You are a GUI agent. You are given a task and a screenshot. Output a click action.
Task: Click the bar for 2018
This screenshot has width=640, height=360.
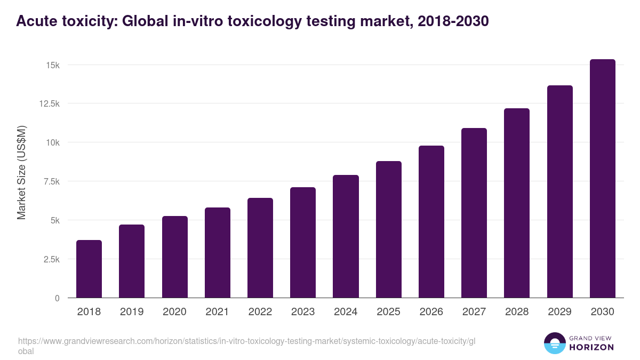pyautogui.click(x=89, y=269)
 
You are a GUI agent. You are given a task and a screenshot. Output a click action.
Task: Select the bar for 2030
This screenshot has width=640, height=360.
pyautogui.click(x=602, y=179)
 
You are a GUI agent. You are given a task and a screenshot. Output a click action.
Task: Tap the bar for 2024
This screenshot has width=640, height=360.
pyautogui.click(x=346, y=236)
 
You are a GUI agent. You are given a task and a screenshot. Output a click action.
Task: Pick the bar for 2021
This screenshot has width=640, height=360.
pyautogui.click(x=217, y=253)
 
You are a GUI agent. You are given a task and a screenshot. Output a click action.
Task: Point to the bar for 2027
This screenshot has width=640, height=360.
pyautogui.click(x=474, y=213)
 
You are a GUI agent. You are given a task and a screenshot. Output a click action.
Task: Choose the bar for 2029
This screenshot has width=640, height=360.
pyautogui.click(x=559, y=191)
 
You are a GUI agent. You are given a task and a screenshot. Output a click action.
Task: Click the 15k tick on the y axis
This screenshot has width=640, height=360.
pyautogui.click(x=52, y=65)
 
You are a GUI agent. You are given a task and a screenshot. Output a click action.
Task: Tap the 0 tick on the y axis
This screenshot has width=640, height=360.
pyautogui.click(x=57, y=298)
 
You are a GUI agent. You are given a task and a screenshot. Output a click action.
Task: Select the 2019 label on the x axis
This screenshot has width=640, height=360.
pyautogui.click(x=132, y=312)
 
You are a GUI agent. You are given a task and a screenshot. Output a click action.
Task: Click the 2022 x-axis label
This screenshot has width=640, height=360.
pyautogui.click(x=260, y=312)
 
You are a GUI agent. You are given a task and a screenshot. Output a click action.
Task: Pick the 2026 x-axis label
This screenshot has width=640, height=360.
pyautogui.click(x=431, y=312)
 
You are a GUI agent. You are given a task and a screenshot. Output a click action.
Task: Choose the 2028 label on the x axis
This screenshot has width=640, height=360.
pyautogui.click(x=517, y=312)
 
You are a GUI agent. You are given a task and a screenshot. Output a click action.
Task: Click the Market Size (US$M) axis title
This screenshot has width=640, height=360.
pyautogui.click(x=21, y=172)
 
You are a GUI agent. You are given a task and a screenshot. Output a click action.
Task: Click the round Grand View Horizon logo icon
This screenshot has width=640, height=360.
pyautogui.click(x=554, y=343)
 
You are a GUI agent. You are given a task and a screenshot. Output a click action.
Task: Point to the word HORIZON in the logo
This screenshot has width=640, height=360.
pyautogui.click(x=592, y=347)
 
